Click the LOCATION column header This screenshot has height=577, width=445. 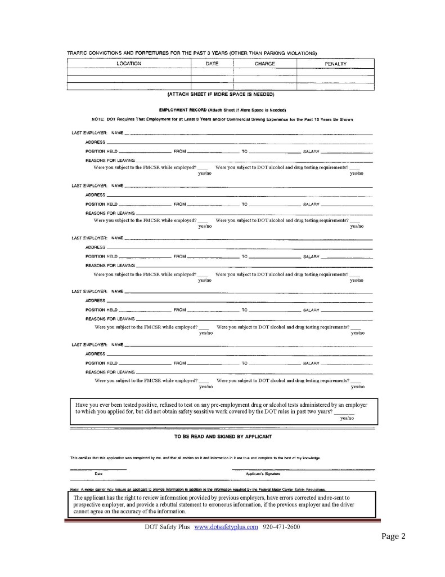tap(129, 64)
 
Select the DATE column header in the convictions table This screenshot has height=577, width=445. tap(212, 64)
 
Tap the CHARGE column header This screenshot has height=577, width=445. tap(265, 64)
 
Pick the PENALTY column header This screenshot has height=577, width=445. tap(335, 64)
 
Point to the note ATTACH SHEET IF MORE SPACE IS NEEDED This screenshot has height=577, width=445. tap(221, 94)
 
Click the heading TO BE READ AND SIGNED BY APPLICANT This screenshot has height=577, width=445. tap(223, 437)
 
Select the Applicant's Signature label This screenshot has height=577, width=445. tap(262, 474)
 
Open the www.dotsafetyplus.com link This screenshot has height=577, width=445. tap(226, 527)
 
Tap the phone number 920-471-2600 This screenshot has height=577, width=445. tap(281, 527)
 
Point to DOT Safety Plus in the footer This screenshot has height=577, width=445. tap(167, 527)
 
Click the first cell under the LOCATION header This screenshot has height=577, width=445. tap(129, 72)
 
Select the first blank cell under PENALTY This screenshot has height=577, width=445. tap(335, 72)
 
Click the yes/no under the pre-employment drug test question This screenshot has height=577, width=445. tap(347, 419)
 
